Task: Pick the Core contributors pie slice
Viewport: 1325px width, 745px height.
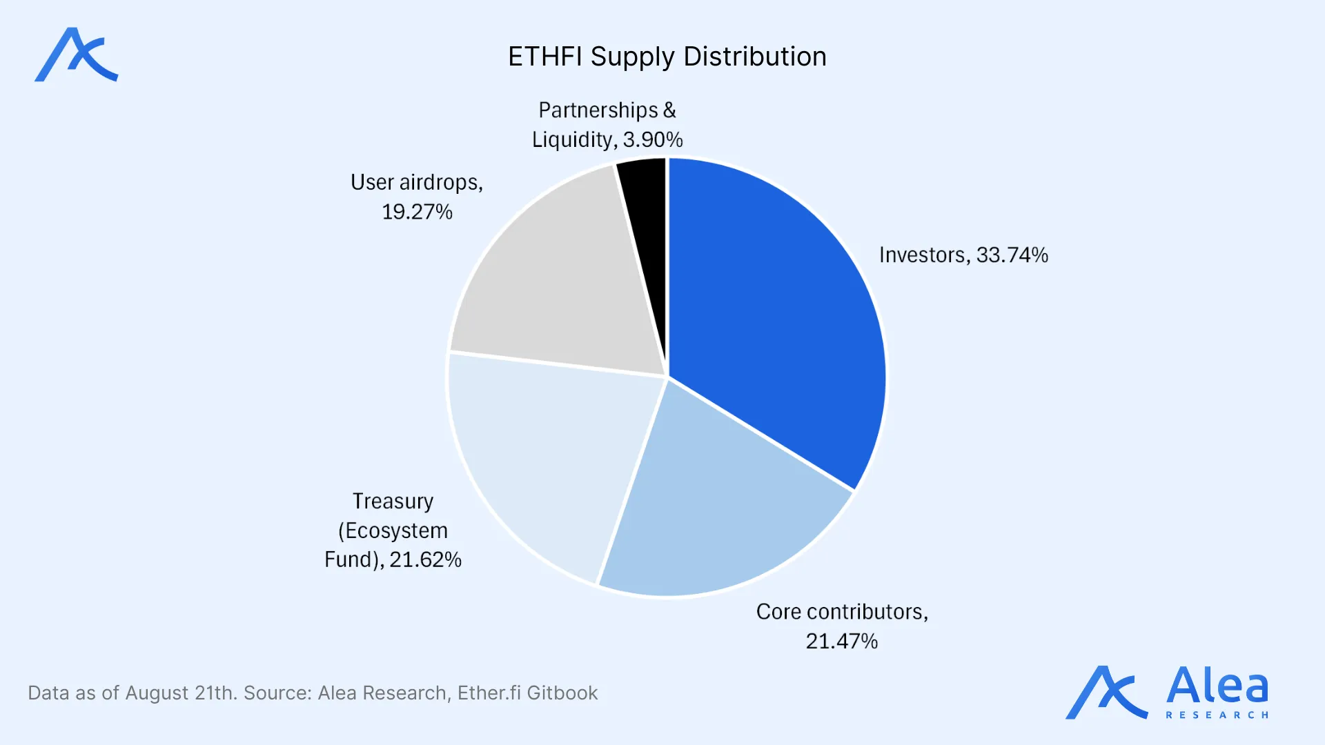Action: [718, 504]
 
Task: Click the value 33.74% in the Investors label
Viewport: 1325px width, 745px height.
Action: [1012, 255]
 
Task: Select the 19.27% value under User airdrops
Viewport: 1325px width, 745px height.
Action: [417, 212]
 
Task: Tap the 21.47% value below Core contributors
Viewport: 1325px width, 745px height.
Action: [841, 642]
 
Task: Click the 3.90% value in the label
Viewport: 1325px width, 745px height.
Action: [653, 140]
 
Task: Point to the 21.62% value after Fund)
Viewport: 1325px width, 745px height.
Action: [425, 559]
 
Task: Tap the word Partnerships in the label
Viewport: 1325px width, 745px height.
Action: [598, 110]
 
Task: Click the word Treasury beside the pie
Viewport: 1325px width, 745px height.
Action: [393, 501]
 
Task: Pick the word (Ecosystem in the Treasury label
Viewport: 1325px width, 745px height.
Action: [393, 530]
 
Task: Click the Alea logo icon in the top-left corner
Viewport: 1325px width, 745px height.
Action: [76, 55]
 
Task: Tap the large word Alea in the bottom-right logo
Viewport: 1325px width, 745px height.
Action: [1217, 686]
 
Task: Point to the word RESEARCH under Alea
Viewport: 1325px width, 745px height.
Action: [1217, 715]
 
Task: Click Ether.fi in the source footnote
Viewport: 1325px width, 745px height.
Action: [489, 693]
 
